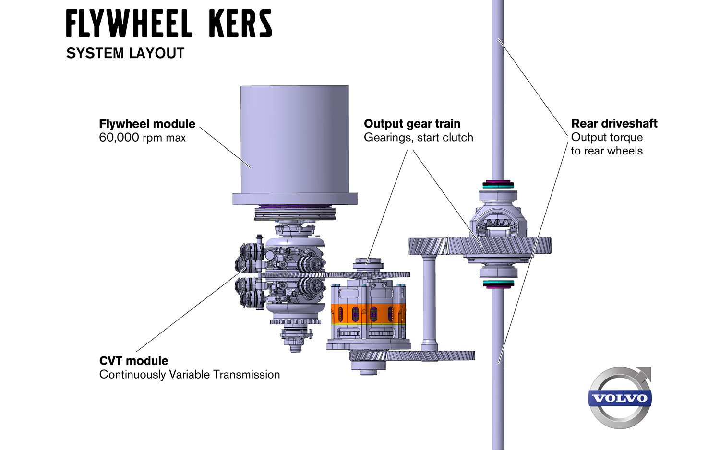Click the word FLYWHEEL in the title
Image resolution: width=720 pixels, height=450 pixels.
[129, 24]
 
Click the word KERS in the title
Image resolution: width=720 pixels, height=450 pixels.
[240, 24]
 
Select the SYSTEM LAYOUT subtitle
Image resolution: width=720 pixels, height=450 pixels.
[125, 53]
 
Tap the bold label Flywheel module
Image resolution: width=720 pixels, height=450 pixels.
[147, 124]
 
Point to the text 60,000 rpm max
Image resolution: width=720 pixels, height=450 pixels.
[142, 138]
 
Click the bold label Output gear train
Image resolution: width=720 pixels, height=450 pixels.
[412, 124]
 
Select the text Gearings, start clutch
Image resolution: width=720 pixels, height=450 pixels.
[418, 138]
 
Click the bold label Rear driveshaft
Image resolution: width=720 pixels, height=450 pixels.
[614, 124]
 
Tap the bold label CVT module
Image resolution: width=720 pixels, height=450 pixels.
[133, 361]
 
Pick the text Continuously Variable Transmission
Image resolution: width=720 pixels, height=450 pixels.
[190, 375]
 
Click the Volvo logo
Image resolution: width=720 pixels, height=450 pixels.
[620, 398]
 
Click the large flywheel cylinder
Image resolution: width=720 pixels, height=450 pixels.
[294, 139]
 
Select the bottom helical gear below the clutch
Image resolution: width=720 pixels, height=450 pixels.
[413, 356]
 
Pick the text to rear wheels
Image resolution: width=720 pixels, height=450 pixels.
[606, 151]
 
